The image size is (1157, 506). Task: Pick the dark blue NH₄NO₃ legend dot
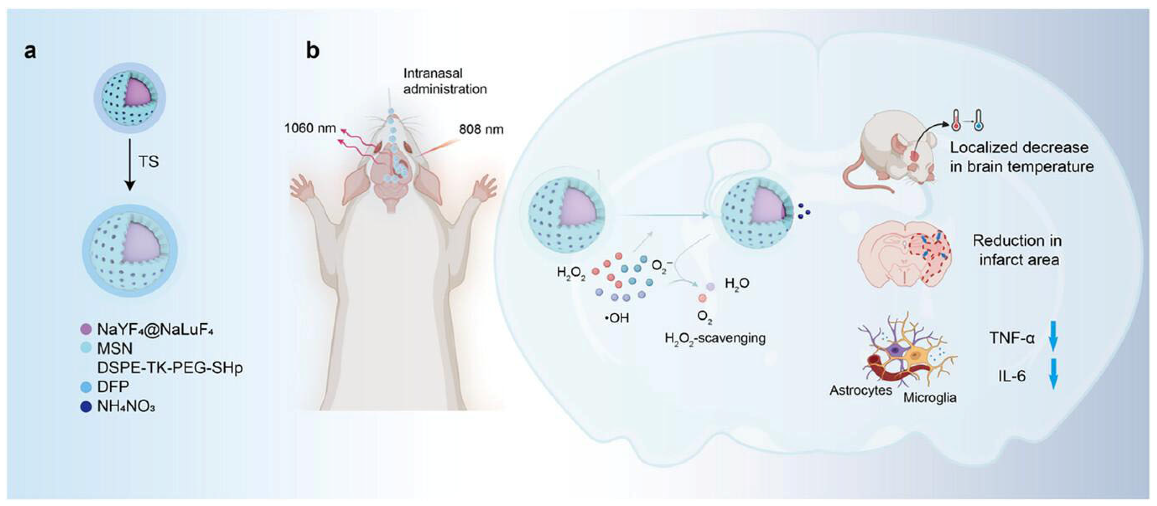86,407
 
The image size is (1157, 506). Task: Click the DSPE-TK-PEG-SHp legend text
170,368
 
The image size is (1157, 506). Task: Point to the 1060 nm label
310,128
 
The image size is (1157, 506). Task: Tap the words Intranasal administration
445,81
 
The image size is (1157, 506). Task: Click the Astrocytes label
860,390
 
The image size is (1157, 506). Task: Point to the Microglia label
930,398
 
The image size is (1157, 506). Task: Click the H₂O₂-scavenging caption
715,338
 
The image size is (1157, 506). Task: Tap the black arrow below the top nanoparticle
130,164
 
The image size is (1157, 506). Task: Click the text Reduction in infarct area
1018,250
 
